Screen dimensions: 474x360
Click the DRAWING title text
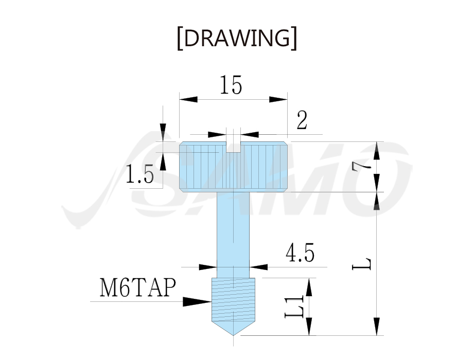(237, 38)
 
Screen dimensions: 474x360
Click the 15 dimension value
(231, 85)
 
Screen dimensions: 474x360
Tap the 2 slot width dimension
(302, 120)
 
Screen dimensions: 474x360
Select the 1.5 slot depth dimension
(139, 174)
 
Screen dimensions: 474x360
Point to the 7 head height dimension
(361, 167)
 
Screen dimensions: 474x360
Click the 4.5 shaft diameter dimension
(300, 253)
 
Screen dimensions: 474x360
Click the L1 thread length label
(294, 307)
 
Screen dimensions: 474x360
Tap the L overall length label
(361, 264)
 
